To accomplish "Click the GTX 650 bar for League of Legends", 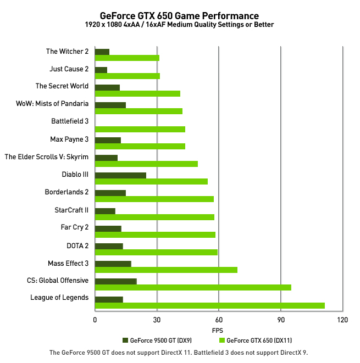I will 209,305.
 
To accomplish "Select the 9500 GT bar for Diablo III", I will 120,175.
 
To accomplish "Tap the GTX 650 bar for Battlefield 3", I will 140,129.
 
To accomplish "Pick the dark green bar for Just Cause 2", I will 101,69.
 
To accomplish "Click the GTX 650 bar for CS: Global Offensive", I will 193,287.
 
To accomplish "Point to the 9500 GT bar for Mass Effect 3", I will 113,264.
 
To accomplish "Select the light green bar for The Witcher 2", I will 127,58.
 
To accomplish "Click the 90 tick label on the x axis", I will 281,320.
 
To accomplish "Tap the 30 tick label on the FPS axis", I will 157,320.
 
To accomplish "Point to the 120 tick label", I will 342,320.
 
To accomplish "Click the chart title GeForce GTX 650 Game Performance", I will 179,15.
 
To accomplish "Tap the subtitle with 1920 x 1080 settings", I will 179,25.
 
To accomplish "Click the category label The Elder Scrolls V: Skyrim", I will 47,157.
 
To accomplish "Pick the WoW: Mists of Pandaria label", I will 52,104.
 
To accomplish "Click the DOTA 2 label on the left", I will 77,245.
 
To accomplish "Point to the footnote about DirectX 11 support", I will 179,353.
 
